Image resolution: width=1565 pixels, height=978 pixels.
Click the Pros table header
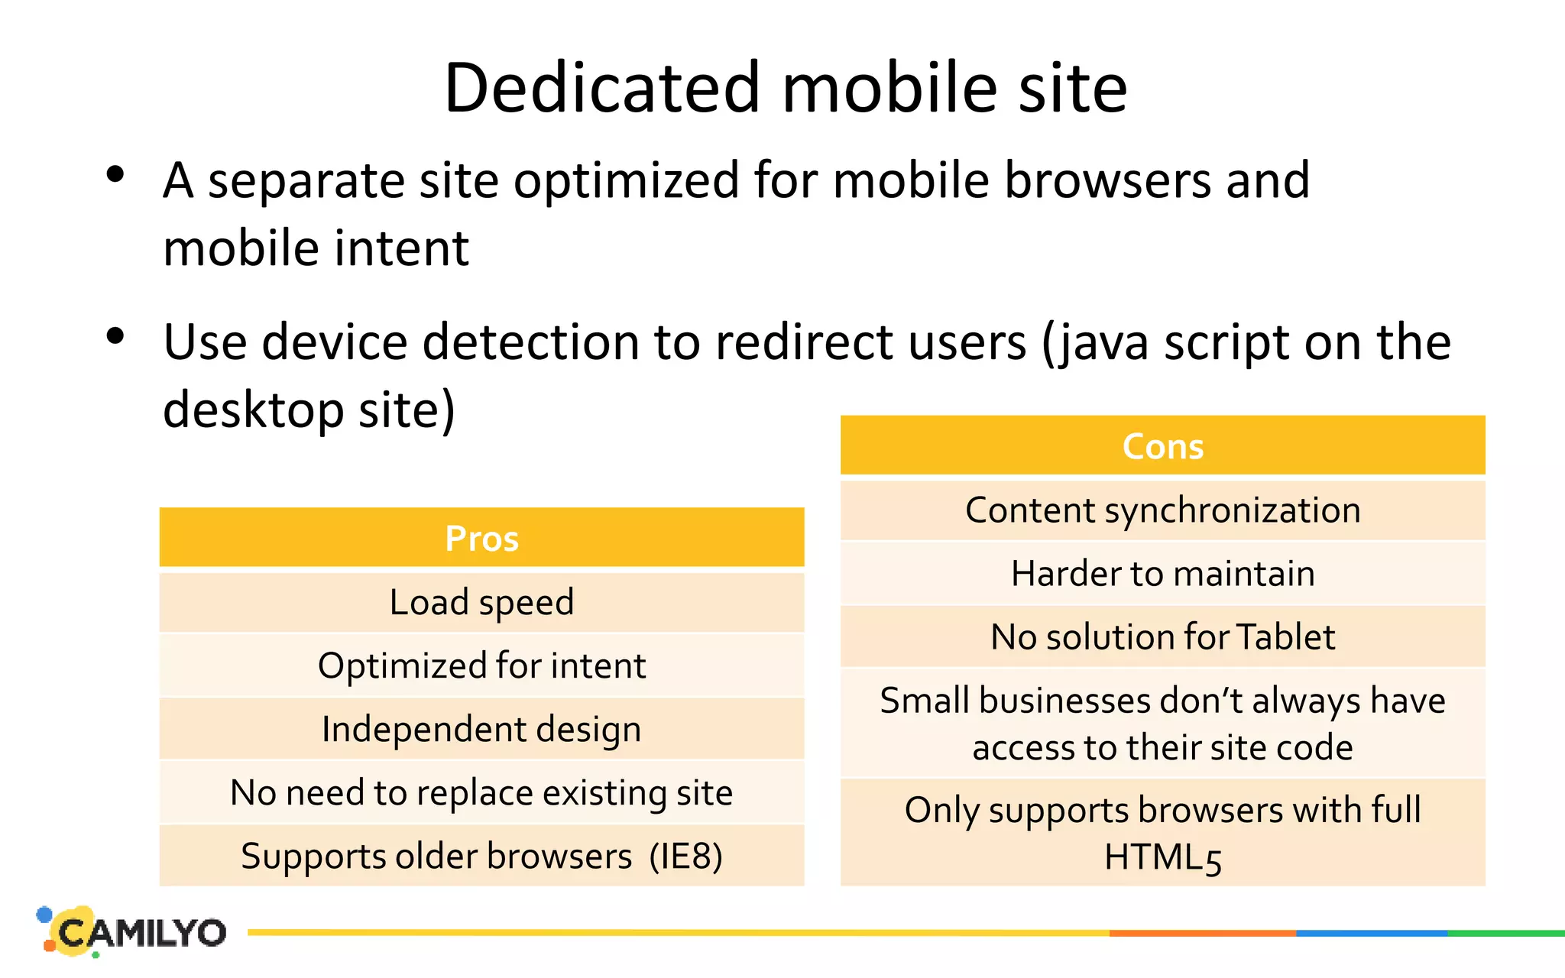point(481,539)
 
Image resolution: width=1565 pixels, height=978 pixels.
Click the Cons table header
point(1162,446)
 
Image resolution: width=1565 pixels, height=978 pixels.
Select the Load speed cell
point(481,602)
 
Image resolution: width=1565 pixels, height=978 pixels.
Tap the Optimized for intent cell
point(481,665)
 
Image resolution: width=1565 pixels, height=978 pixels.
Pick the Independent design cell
point(481,729)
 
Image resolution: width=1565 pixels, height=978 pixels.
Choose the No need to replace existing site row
point(481,792)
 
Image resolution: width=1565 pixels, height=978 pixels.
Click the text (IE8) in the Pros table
point(685,857)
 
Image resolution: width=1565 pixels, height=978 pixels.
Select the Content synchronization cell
point(1162,510)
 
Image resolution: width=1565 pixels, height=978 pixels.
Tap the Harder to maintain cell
point(1162,574)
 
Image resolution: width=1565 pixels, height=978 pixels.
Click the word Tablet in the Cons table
point(1285,637)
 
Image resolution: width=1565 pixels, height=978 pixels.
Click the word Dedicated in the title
point(603,88)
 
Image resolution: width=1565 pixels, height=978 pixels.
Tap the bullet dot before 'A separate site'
point(115,175)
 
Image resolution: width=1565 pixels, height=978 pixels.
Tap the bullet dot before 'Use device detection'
point(115,335)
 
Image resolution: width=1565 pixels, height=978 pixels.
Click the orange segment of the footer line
point(1202,933)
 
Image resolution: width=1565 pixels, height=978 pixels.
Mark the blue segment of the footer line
point(1372,933)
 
